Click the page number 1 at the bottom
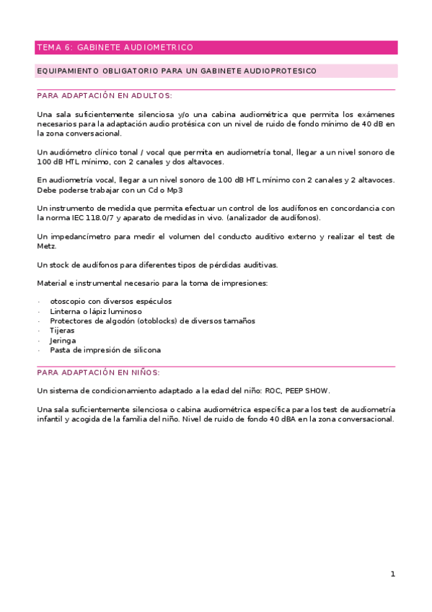click(x=392, y=574)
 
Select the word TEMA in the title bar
click(x=47, y=48)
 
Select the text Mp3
click(x=174, y=190)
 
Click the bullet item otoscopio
click(x=70, y=302)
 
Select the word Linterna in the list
click(x=65, y=311)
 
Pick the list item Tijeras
click(x=62, y=330)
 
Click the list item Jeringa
click(x=63, y=340)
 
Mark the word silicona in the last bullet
click(x=143, y=349)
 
